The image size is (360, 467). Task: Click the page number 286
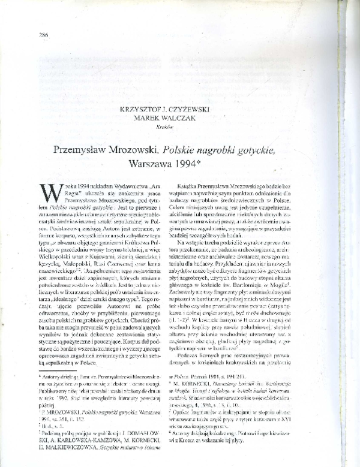click(43, 35)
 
